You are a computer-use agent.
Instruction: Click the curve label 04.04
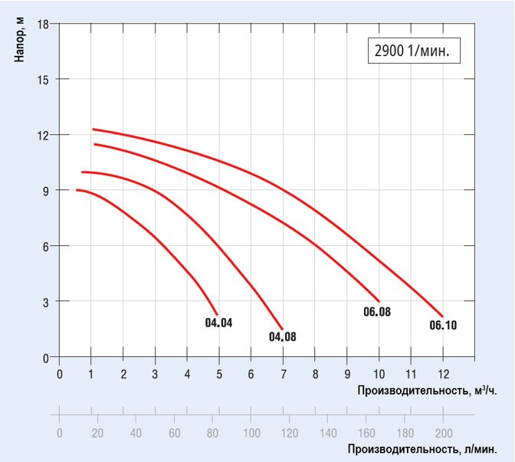tap(218, 323)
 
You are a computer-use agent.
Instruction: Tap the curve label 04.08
tap(283, 336)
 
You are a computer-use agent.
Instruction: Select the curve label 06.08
tap(377, 312)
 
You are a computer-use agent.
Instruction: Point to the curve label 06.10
tap(443, 326)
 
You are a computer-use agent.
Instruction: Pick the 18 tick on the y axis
tap(44, 24)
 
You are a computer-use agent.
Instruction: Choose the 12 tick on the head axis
tap(44, 135)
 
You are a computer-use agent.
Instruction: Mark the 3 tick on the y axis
tap(46, 302)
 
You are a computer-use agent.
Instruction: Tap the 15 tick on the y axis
tap(44, 80)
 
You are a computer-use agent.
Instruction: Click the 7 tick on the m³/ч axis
tap(283, 375)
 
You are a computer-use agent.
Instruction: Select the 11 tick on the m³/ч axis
tap(411, 375)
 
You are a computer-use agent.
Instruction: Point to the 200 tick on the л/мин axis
tap(443, 432)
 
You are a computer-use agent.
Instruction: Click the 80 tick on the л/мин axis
tap(212, 432)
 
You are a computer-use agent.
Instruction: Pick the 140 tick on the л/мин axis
tap(328, 432)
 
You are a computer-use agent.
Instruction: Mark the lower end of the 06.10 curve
tap(443, 316)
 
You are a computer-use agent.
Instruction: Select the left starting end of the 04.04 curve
tap(77, 190)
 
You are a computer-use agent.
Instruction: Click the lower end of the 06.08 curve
tap(379, 300)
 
